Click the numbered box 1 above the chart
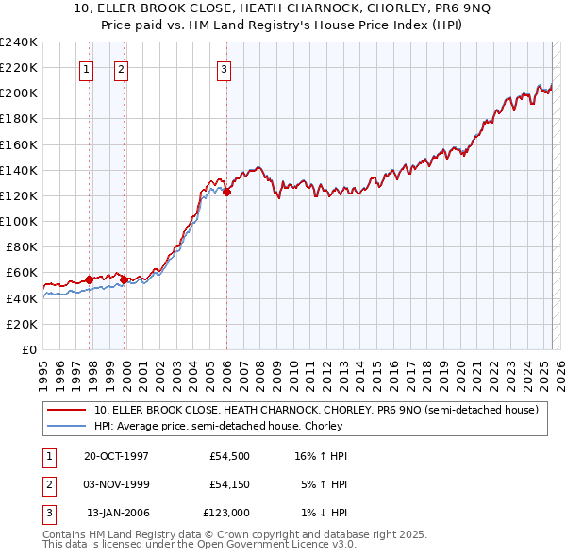point(86,68)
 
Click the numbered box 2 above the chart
point(122,68)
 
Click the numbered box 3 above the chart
point(224,68)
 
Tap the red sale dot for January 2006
point(227,192)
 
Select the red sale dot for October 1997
point(89,279)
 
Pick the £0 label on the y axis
point(29,349)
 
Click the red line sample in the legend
point(67,410)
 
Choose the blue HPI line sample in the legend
point(67,426)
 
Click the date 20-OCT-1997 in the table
point(116,456)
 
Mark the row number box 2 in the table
point(47,484)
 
